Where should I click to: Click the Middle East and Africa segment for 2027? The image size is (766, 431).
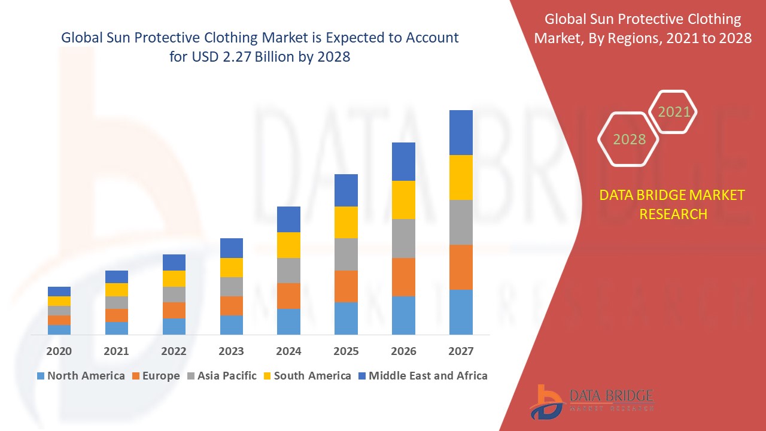click(461, 132)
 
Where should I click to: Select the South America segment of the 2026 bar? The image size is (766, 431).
click(403, 200)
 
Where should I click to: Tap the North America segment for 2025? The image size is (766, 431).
click(346, 318)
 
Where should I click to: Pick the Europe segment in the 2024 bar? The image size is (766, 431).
click(288, 296)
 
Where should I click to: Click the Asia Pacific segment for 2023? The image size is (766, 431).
click(232, 286)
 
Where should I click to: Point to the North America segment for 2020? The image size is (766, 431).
click(59, 329)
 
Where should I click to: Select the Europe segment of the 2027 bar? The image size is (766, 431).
click(461, 267)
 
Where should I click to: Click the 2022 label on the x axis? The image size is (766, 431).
click(174, 351)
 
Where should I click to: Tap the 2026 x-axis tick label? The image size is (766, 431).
click(403, 351)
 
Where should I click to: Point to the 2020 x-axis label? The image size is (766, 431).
click(59, 351)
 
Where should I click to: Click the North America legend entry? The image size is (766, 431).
click(81, 376)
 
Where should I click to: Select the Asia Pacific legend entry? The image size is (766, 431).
click(222, 376)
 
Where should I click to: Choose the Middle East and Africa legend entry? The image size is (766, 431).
click(422, 376)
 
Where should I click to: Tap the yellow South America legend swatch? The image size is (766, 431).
click(266, 376)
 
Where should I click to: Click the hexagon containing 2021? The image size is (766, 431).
click(674, 112)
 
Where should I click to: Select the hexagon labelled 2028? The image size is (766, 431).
click(629, 139)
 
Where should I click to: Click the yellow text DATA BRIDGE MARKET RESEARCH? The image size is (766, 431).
click(673, 204)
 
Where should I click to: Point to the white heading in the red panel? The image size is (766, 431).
click(643, 29)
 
